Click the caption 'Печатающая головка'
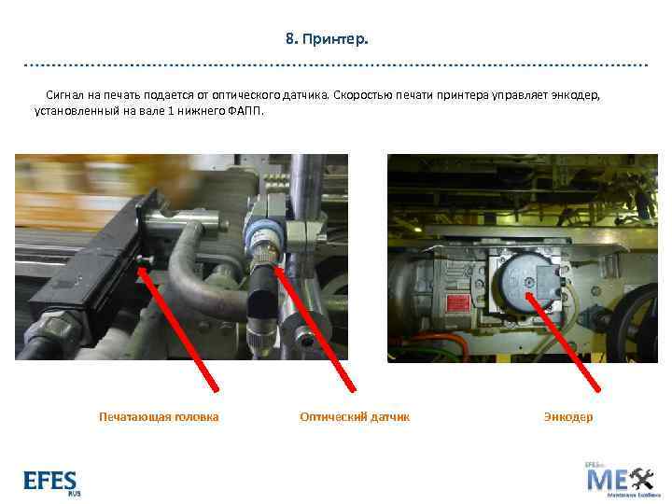pyautogui.click(x=159, y=417)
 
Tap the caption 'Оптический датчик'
pyautogui.click(x=355, y=417)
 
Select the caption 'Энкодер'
pyautogui.click(x=567, y=417)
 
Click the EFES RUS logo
pyautogui.click(x=51, y=482)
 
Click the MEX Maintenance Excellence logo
pyautogui.click(x=620, y=478)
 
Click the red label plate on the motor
pyautogui.click(x=460, y=306)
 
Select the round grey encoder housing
pyautogui.click(x=519, y=281)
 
